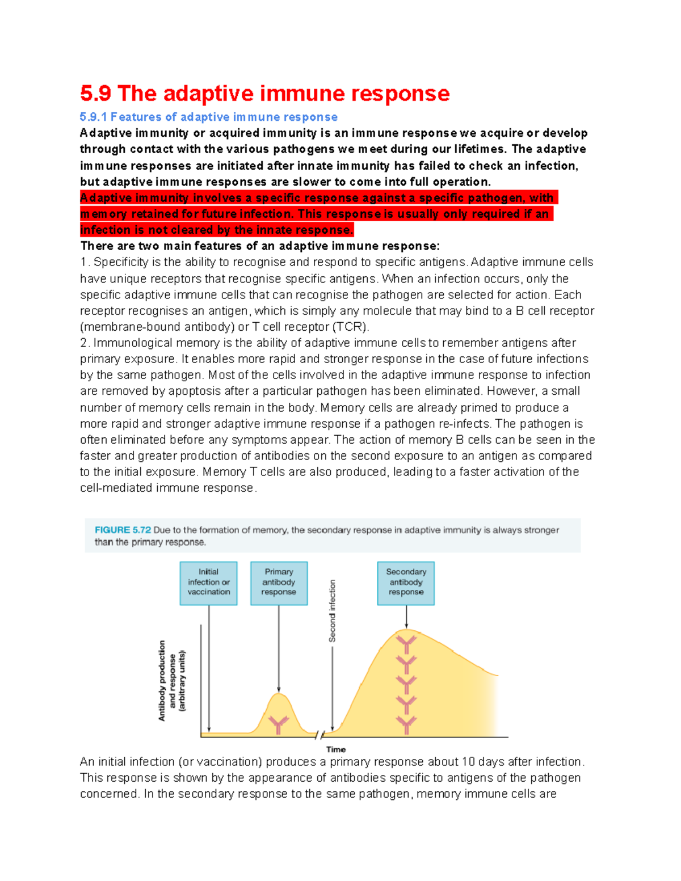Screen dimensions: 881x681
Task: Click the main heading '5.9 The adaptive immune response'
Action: click(x=264, y=94)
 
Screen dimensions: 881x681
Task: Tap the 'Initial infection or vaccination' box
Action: click(x=208, y=583)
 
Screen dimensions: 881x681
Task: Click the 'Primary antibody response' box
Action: click(x=279, y=583)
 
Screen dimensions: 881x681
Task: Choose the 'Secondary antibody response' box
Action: click(x=406, y=583)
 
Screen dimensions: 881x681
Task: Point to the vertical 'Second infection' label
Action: click(x=333, y=610)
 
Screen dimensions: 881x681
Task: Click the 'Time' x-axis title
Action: click(x=336, y=749)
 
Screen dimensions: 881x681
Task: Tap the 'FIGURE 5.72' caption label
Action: click(x=123, y=530)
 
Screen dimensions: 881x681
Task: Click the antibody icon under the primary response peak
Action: click(x=279, y=724)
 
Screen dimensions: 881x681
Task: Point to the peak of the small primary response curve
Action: click(x=279, y=694)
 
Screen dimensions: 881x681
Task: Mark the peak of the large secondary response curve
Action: click(x=406, y=630)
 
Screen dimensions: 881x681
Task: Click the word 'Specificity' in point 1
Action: click(x=120, y=262)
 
